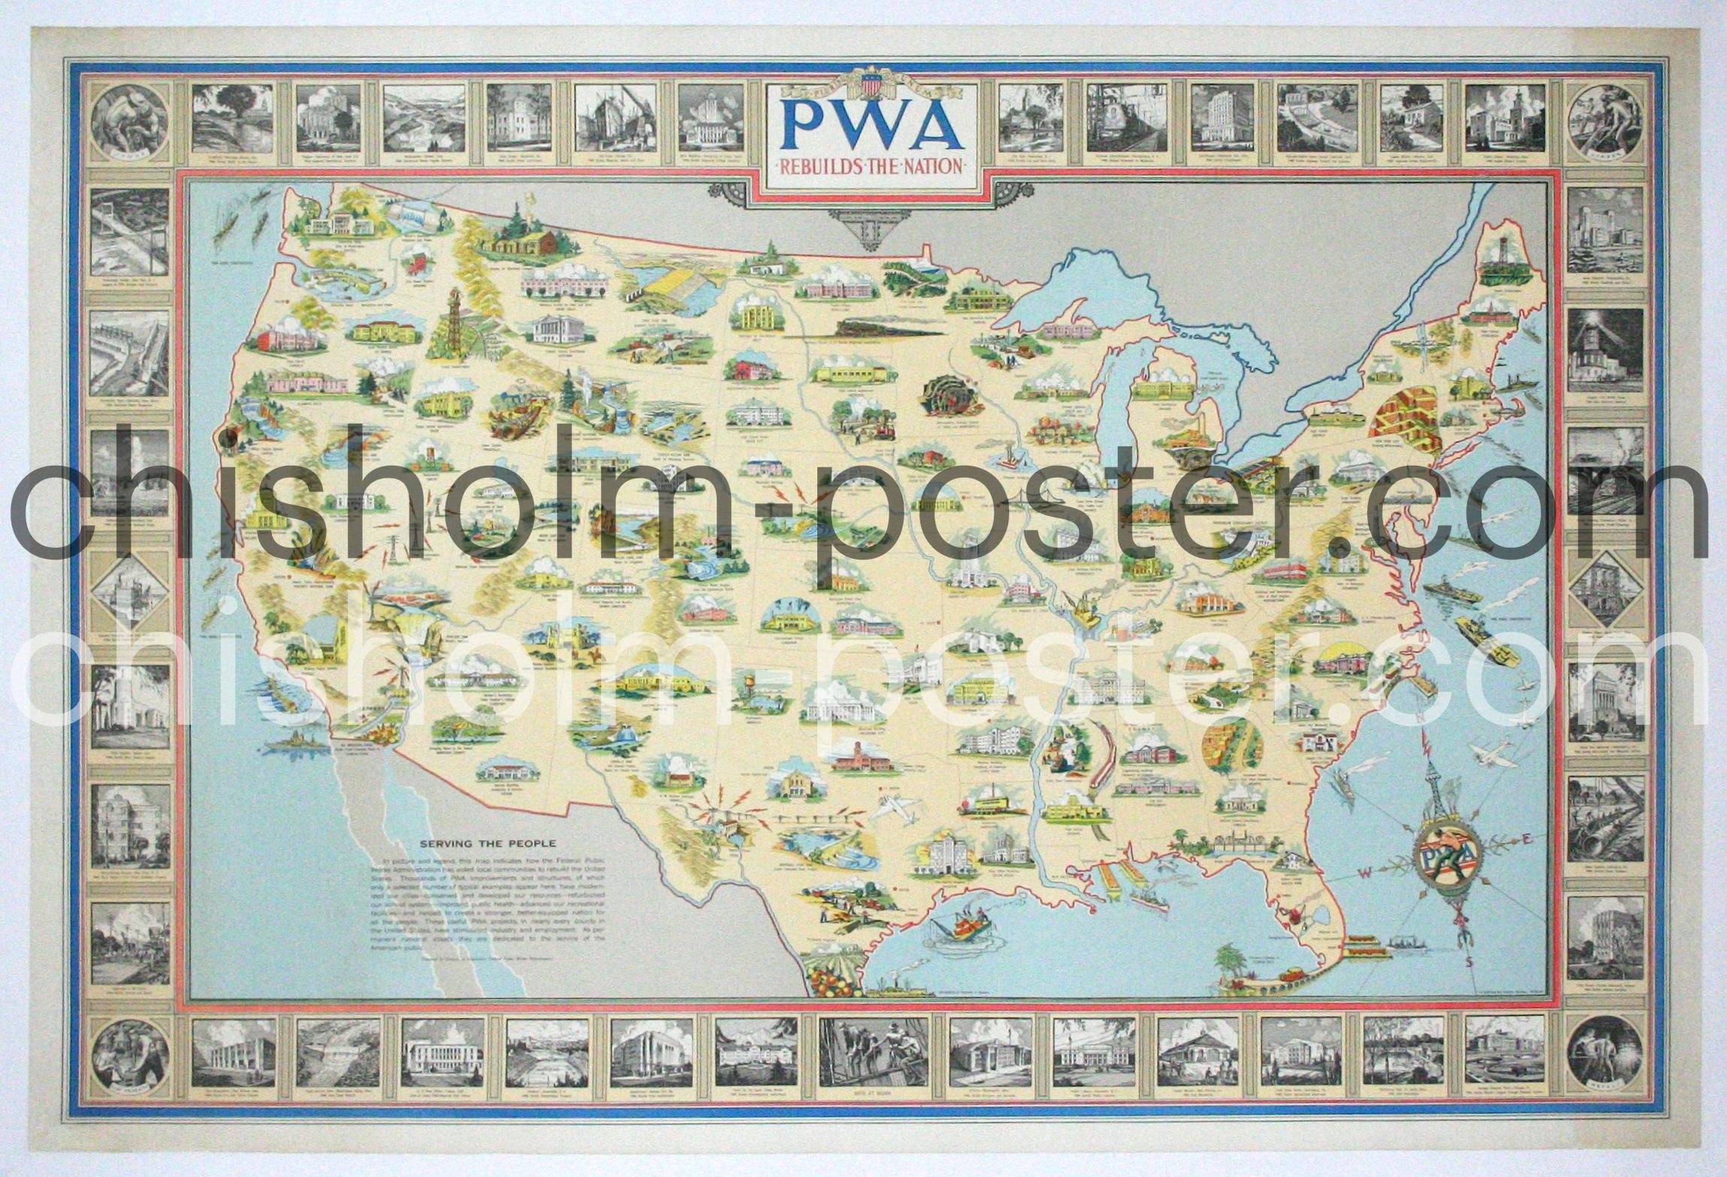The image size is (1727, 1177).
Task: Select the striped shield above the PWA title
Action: pyautogui.click(x=872, y=85)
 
